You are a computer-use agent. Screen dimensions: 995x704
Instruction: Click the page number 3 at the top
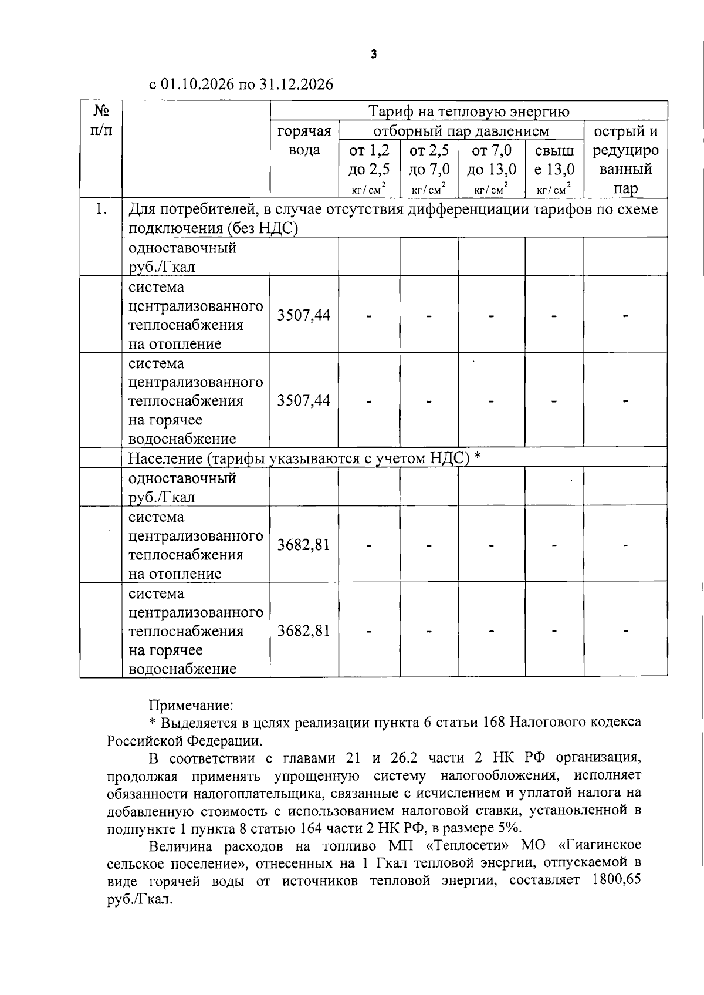[x=374, y=55]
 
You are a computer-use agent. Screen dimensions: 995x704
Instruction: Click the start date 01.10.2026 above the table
[x=198, y=85]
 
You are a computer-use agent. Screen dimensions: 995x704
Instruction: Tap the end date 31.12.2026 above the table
[x=296, y=85]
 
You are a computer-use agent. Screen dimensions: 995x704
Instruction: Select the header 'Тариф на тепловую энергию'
[x=469, y=111]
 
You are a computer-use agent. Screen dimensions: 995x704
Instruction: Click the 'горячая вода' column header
[x=304, y=140]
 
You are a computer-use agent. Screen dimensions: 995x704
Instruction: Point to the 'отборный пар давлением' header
[x=461, y=130]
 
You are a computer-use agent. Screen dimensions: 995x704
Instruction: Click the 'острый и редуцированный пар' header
[x=625, y=160]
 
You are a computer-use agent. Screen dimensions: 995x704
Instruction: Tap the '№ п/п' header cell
[x=101, y=120]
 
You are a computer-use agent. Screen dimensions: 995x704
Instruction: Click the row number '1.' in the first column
[x=101, y=209]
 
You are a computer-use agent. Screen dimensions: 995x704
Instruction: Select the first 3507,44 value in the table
[x=304, y=315]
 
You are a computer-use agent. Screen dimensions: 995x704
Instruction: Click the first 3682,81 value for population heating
[x=304, y=545]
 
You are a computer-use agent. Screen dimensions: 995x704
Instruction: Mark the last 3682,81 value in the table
[x=304, y=631]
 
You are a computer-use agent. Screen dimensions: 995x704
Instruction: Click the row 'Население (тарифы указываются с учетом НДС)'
[x=299, y=458]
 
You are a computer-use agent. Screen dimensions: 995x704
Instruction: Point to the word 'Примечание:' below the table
[x=191, y=705]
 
